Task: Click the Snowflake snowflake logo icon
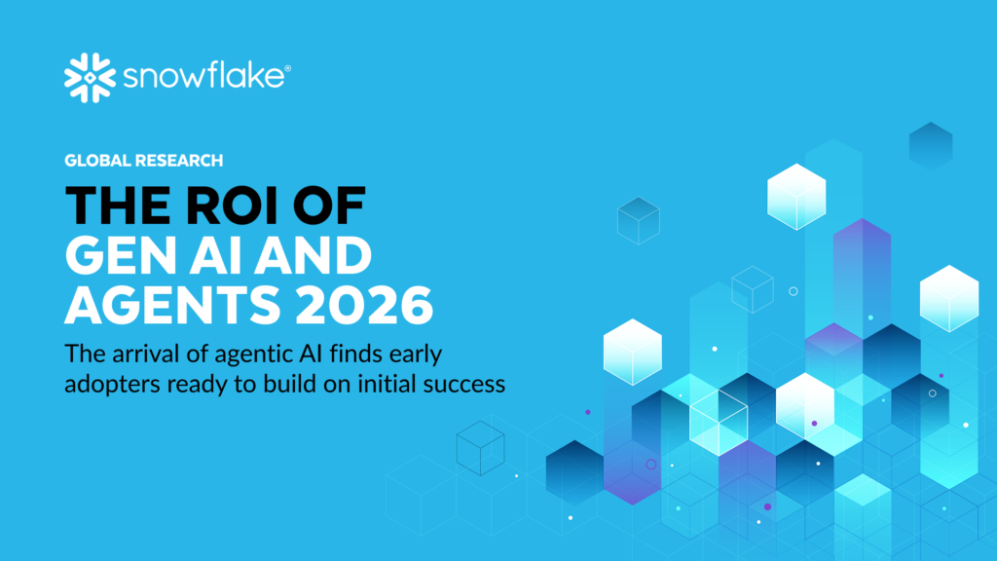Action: tap(90, 78)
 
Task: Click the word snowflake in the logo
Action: tap(203, 75)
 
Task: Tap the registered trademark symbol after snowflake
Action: tap(287, 68)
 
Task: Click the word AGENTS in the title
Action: tap(172, 304)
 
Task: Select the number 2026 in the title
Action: tap(364, 304)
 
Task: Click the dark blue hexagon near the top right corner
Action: tap(931, 146)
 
